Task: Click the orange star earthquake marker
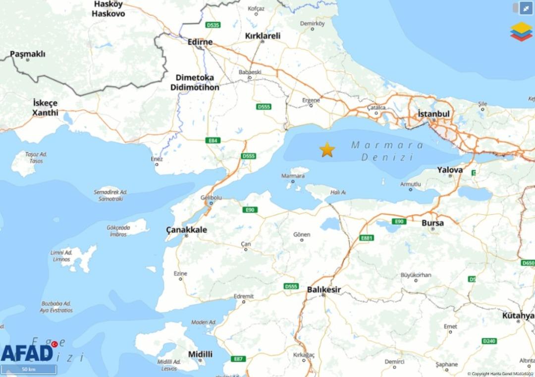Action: [x=327, y=149]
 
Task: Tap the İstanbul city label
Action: [x=434, y=114]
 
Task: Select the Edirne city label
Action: [x=200, y=42]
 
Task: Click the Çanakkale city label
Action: [x=186, y=230]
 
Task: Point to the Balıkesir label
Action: [x=324, y=289]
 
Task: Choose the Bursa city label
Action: [x=432, y=223]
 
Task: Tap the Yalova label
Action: [x=450, y=170]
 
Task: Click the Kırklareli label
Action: [x=263, y=36]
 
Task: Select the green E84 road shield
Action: [x=213, y=140]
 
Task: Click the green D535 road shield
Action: [x=214, y=25]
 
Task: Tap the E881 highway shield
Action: [x=367, y=238]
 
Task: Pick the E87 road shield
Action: [x=239, y=359]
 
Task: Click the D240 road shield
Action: [x=489, y=341]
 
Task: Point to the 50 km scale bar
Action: [x=28, y=370]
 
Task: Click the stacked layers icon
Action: [x=521, y=31]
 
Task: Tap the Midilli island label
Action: [x=200, y=354]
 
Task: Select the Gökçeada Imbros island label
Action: [x=118, y=231]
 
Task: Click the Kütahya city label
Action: [x=518, y=315]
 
